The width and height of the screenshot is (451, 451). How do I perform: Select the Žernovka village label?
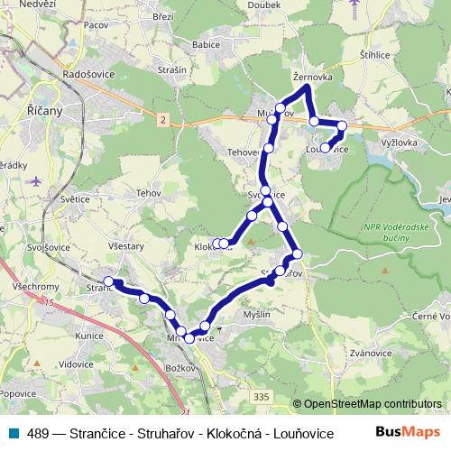pyautogui.click(x=313, y=78)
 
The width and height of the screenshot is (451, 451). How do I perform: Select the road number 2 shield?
pyautogui.click(x=162, y=118)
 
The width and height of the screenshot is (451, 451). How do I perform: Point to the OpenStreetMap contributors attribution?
pyautogui.click(x=372, y=404)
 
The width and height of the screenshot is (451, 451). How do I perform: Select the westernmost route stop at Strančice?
pyautogui.click(x=109, y=281)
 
